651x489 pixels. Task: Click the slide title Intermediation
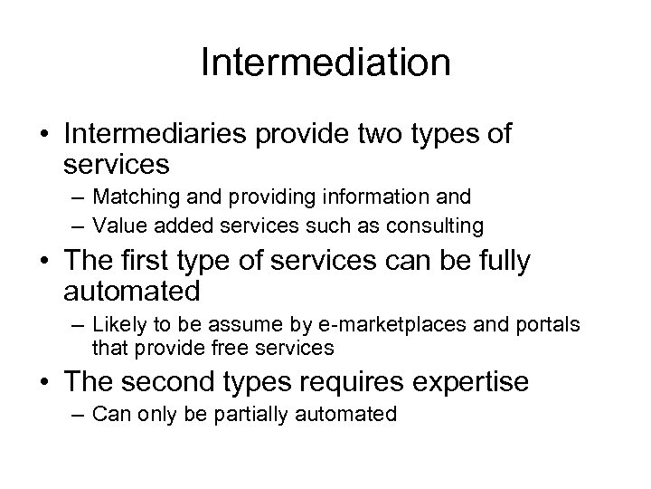point(325,63)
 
